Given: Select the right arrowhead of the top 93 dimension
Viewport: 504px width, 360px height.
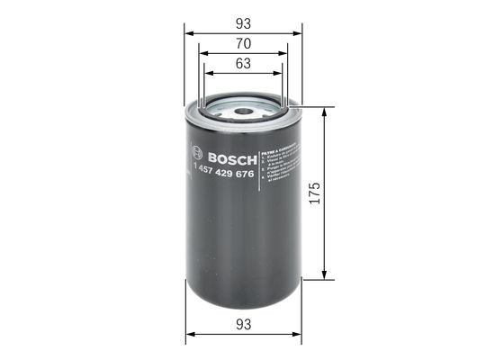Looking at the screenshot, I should (301, 31).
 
